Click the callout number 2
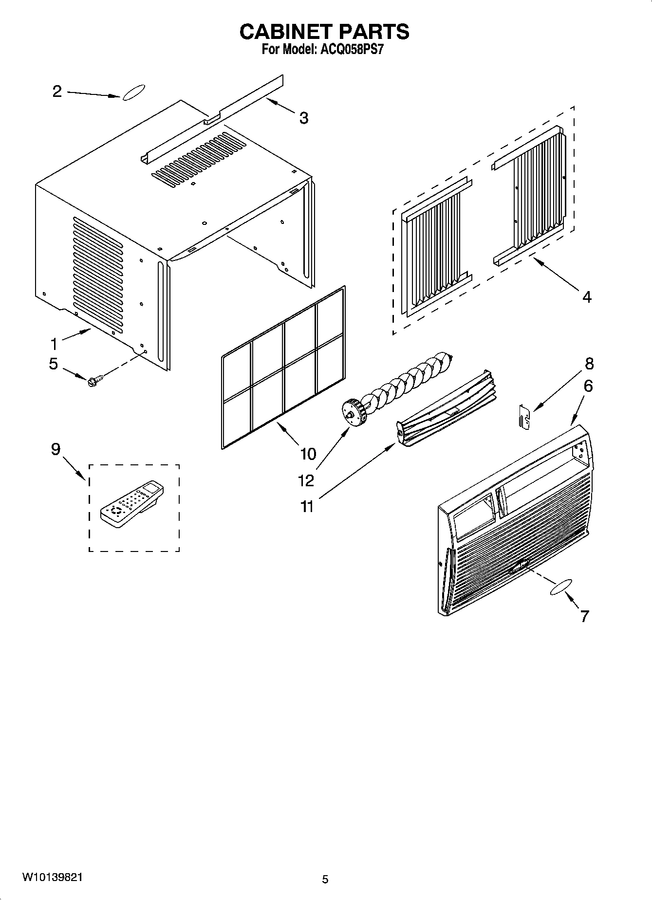[57, 91]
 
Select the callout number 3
[303, 118]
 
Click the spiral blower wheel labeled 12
[399, 385]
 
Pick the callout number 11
[307, 506]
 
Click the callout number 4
[587, 296]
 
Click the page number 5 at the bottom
[325, 879]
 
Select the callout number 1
[54, 344]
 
